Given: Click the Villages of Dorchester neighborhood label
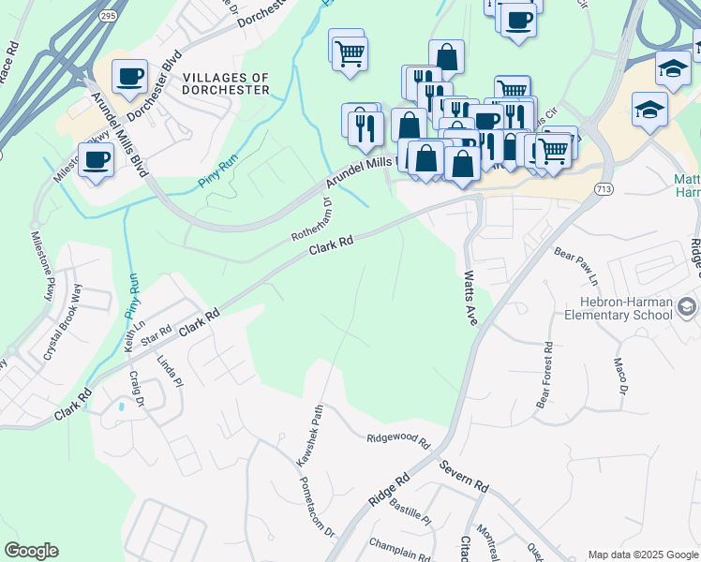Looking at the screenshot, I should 226,83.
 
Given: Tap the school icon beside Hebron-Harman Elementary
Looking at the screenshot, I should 686,307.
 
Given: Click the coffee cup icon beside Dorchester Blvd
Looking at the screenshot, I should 129,76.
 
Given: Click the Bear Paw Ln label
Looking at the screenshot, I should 575,266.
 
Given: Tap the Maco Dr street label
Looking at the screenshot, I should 619,376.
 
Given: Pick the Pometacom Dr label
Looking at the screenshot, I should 317,506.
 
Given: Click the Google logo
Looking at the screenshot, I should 32,551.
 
